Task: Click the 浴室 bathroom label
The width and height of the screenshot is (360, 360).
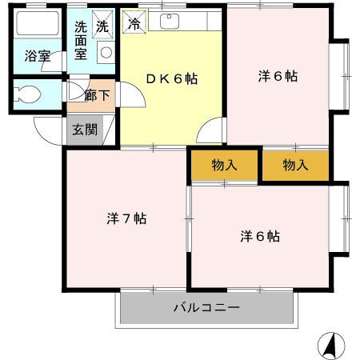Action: [37, 56]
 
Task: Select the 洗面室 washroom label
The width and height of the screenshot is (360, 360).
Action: [80, 39]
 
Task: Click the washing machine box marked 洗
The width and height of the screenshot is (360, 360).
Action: [102, 26]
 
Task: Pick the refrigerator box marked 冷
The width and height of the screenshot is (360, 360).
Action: [134, 23]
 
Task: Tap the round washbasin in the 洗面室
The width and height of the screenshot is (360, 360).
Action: [105, 53]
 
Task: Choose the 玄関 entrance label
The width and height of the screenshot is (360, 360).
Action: [84, 129]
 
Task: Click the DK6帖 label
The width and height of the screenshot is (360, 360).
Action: [170, 78]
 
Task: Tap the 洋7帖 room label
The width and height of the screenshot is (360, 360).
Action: [126, 218]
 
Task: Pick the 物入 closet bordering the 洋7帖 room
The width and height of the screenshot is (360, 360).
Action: [225, 166]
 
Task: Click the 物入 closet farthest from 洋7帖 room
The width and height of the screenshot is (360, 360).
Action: [295, 166]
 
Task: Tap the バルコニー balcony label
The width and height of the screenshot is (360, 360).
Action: [206, 307]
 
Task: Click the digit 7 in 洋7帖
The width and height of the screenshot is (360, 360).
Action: [126, 218]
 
